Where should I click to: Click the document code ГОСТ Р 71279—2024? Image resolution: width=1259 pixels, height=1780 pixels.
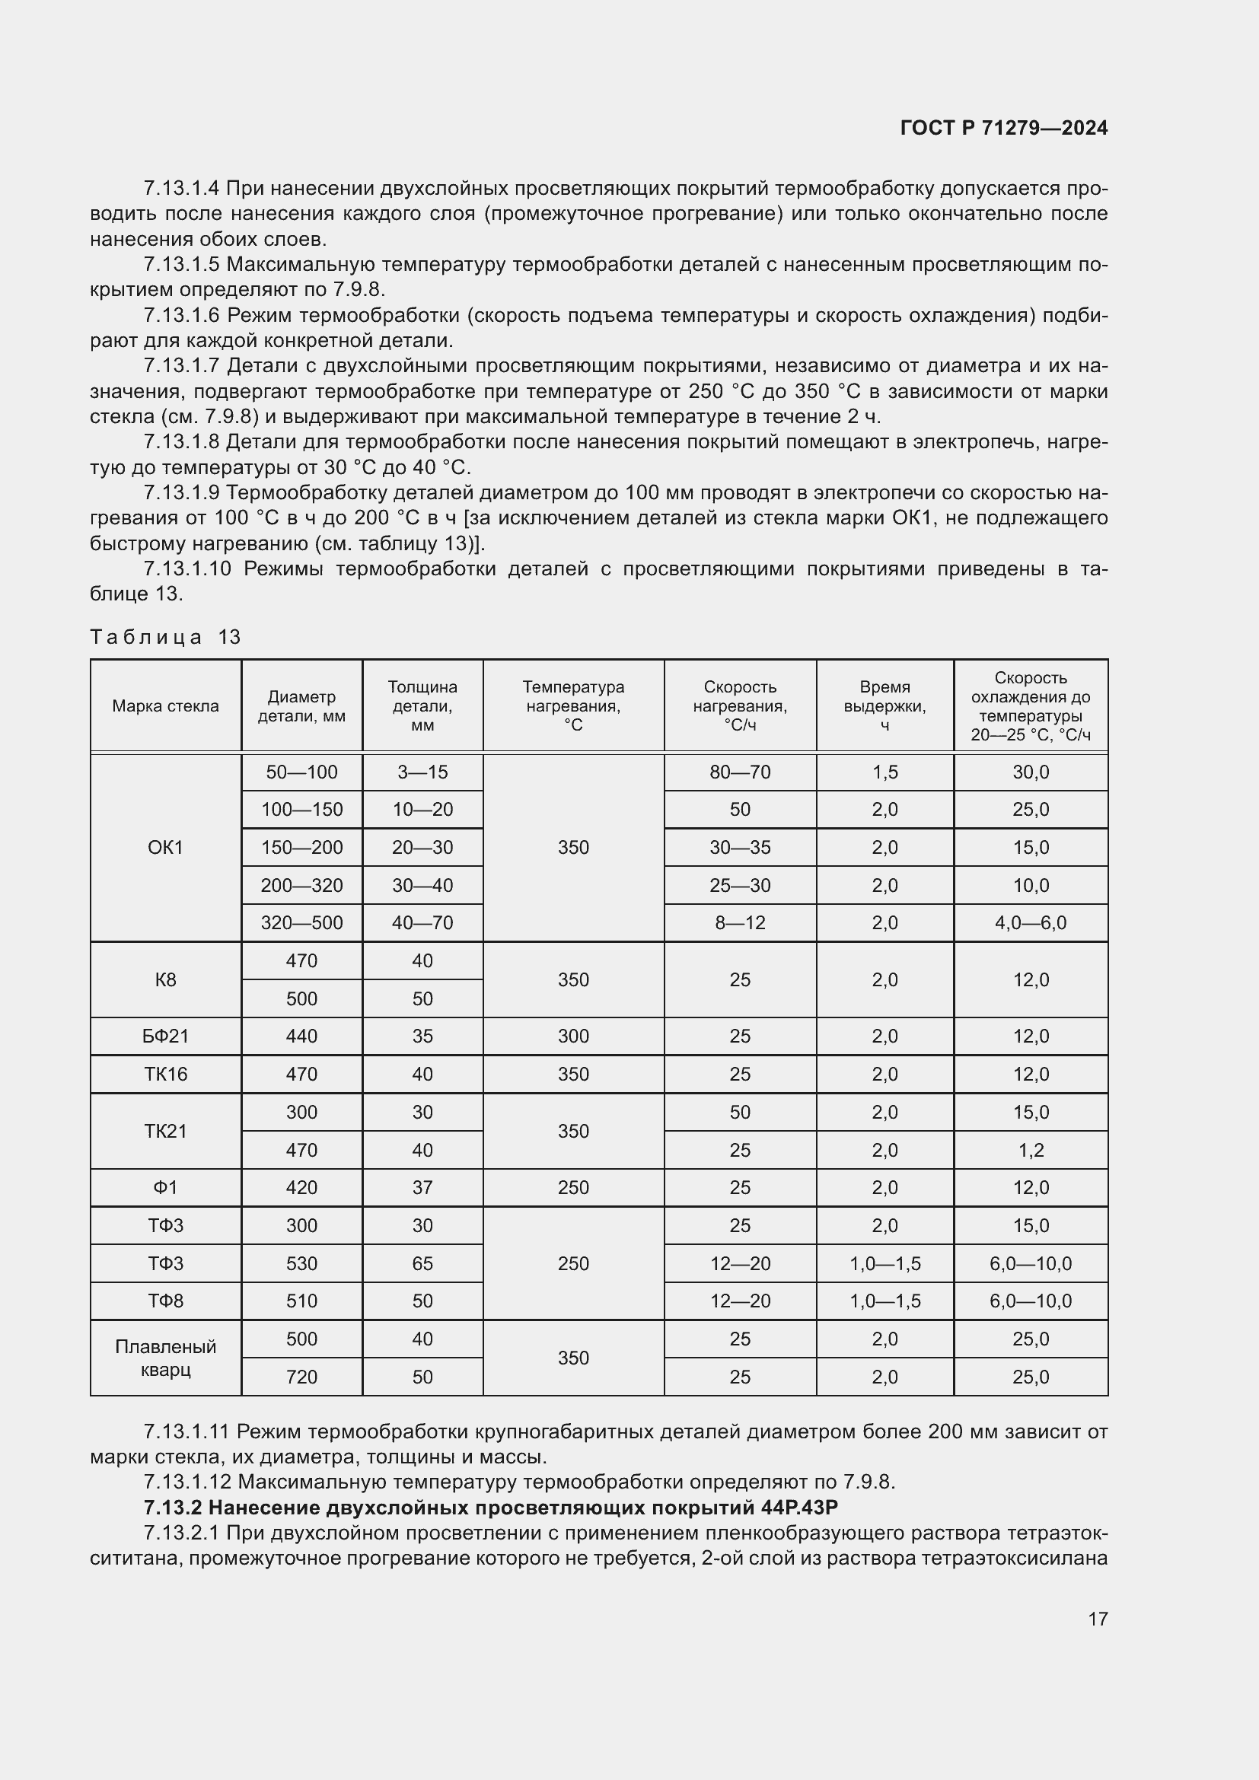click(1003, 128)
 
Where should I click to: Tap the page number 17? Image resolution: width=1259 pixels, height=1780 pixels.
click(1098, 1619)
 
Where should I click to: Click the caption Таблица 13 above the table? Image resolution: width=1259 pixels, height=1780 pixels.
click(165, 637)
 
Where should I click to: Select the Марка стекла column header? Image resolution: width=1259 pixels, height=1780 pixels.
click(165, 705)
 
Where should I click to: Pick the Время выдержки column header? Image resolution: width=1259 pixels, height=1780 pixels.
click(884, 705)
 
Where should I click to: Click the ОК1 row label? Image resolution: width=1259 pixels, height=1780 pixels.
click(165, 847)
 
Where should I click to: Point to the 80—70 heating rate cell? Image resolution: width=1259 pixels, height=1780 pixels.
click(740, 772)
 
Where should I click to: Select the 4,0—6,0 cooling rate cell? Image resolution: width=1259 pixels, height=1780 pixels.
click(1031, 922)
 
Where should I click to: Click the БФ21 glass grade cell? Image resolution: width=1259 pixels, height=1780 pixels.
click(165, 1036)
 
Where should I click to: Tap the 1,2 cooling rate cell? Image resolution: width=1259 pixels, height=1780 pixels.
click(1031, 1150)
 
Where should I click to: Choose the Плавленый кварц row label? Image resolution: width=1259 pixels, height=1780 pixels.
click(165, 1358)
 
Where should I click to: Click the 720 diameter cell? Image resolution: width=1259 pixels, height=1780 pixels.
click(301, 1377)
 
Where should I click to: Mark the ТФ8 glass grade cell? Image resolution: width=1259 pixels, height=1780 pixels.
click(165, 1301)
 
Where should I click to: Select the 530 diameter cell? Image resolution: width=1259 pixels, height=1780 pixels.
click(301, 1264)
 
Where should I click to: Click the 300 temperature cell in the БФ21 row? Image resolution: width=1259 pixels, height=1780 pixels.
click(573, 1036)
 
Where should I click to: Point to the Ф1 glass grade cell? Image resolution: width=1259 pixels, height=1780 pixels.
click(165, 1188)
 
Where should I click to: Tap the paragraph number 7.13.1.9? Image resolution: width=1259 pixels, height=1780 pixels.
click(182, 492)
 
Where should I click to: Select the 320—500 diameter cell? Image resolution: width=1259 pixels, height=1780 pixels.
click(301, 922)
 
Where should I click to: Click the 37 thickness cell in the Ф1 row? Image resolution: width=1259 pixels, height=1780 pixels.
click(422, 1188)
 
